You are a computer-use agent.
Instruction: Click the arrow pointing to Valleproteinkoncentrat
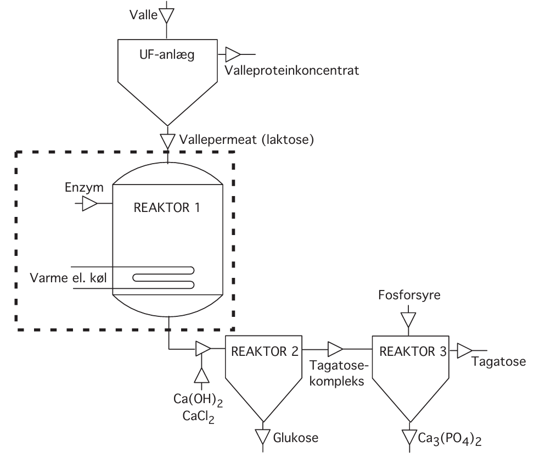pyautogui.click(x=233, y=54)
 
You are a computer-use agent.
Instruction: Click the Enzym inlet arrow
pyautogui.click(x=89, y=204)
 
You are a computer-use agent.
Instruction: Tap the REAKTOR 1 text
pyautogui.click(x=167, y=209)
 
